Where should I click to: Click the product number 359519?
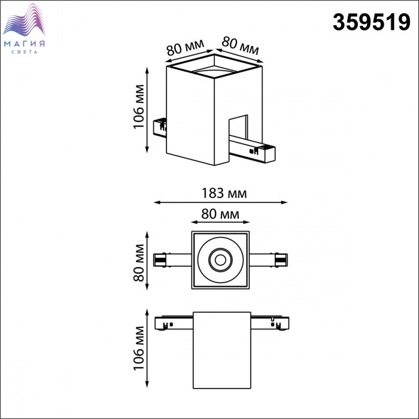click(372, 23)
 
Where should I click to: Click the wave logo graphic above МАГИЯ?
click(24, 20)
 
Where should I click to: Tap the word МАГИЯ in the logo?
click(25, 44)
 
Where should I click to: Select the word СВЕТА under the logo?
click(25, 52)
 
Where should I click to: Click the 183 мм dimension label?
click(224, 193)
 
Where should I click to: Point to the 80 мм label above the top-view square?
click(220, 214)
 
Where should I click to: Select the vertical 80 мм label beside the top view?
click(139, 263)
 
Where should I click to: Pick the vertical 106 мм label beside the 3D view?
click(139, 107)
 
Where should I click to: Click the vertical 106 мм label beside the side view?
click(139, 348)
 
